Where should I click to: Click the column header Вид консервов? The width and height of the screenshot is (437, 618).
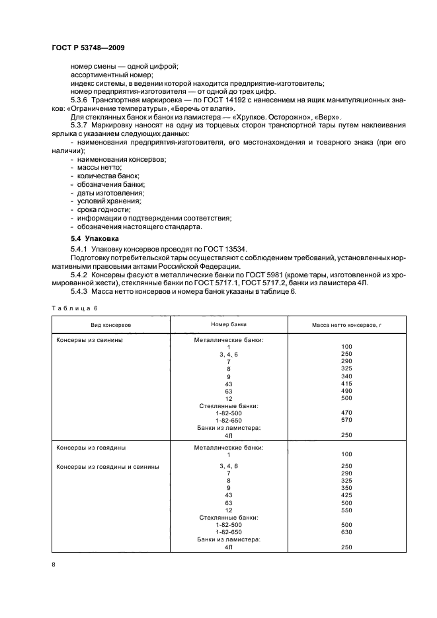(111, 326)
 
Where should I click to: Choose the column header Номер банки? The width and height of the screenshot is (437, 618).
(228, 325)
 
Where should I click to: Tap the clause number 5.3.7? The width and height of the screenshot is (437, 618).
(81, 124)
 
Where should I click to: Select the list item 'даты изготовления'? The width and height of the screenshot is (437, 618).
(110, 192)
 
